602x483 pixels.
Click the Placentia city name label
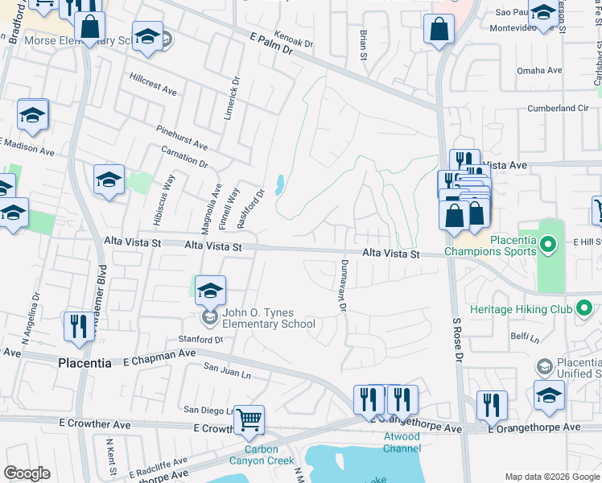point(85,363)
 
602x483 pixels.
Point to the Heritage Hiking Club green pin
point(585,308)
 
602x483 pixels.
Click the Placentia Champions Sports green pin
point(547,242)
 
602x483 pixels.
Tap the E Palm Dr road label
point(269,43)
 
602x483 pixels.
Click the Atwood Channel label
point(401,442)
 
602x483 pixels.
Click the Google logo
point(27,473)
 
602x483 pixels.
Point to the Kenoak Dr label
point(293,38)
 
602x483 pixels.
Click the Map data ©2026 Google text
point(552,477)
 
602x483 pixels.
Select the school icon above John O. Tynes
point(210,290)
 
